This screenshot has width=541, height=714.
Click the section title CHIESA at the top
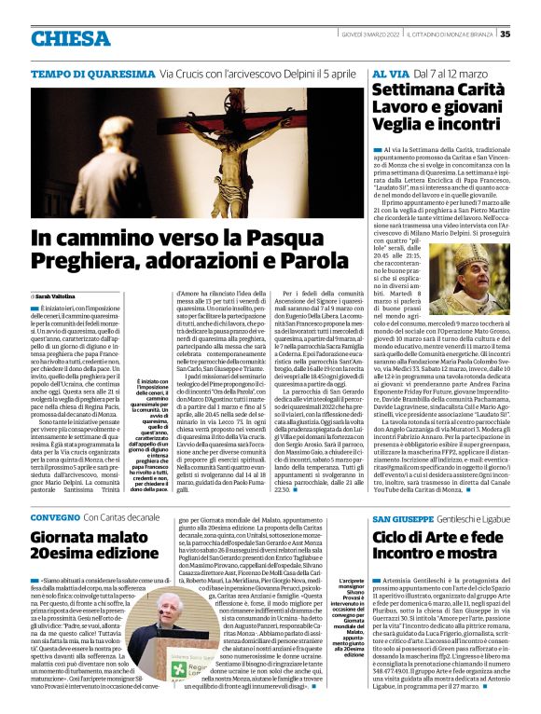pyautogui.click(x=70, y=38)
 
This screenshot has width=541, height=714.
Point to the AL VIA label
pyautogui.click(x=389, y=73)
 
